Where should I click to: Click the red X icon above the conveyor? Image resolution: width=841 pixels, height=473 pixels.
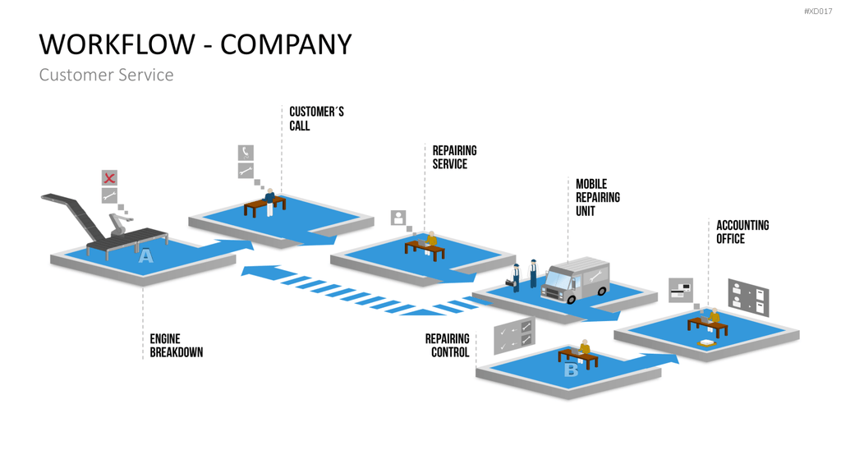pos(109,178)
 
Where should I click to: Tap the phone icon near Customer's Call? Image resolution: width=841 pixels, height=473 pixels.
pos(246,152)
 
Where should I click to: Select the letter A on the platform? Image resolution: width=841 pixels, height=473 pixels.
pos(145,256)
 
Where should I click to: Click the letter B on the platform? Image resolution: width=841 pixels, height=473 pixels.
pos(572,370)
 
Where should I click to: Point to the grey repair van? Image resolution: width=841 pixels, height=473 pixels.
pos(576,279)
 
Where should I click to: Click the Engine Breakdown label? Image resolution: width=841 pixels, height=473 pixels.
pos(177,346)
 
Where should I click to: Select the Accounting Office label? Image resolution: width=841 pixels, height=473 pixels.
pos(742,232)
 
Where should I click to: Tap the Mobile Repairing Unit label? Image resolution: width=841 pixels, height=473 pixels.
pos(598,197)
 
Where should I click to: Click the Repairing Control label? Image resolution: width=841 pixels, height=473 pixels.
pos(448,346)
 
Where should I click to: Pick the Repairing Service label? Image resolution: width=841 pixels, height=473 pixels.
pos(455,157)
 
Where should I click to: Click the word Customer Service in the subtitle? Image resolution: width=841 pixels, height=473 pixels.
pos(106,75)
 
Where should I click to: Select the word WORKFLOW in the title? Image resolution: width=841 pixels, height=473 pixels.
pos(117,44)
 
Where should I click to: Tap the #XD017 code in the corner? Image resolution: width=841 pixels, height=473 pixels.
pos(818,11)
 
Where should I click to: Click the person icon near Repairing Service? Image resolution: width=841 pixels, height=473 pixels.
pos(398,218)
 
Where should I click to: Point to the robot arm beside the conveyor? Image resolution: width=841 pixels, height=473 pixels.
pos(120,223)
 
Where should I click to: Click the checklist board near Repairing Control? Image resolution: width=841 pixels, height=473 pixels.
pos(514,335)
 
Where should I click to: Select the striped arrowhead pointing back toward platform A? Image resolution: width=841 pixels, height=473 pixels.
pos(261,271)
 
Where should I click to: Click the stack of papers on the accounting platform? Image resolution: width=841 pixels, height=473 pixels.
pos(706,343)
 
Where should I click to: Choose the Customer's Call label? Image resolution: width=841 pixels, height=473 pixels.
pos(316,118)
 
